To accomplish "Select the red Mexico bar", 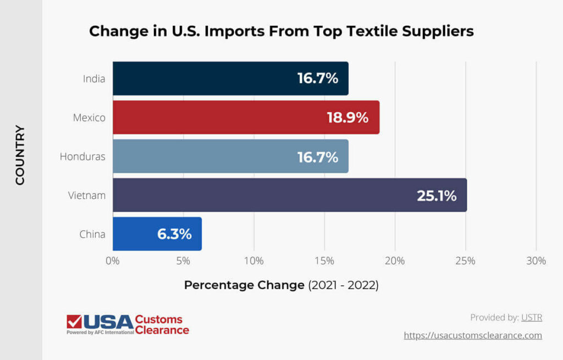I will pyautogui.click(x=220, y=117).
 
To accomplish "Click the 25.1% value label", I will pyautogui.click(x=437, y=196).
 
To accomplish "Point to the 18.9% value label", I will pyautogui.click(x=347, y=118).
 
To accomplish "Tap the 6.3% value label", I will pyautogui.click(x=174, y=234).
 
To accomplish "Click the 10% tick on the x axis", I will pyautogui.click(x=254, y=261).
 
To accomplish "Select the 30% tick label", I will pyautogui.click(x=536, y=261).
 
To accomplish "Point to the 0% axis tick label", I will pyautogui.click(x=113, y=261).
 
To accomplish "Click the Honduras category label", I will pyautogui.click(x=82, y=157).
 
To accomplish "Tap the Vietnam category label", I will pyautogui.click(x=87, y=195).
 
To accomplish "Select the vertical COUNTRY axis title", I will pyautogui.click(x=20, y=156).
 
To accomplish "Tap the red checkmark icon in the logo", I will pyautogui.click(x=74, y=322).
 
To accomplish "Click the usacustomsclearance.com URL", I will pyautogui.click(x=473, y=335).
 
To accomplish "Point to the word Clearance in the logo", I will pyautogui.click(x=162, y=330).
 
